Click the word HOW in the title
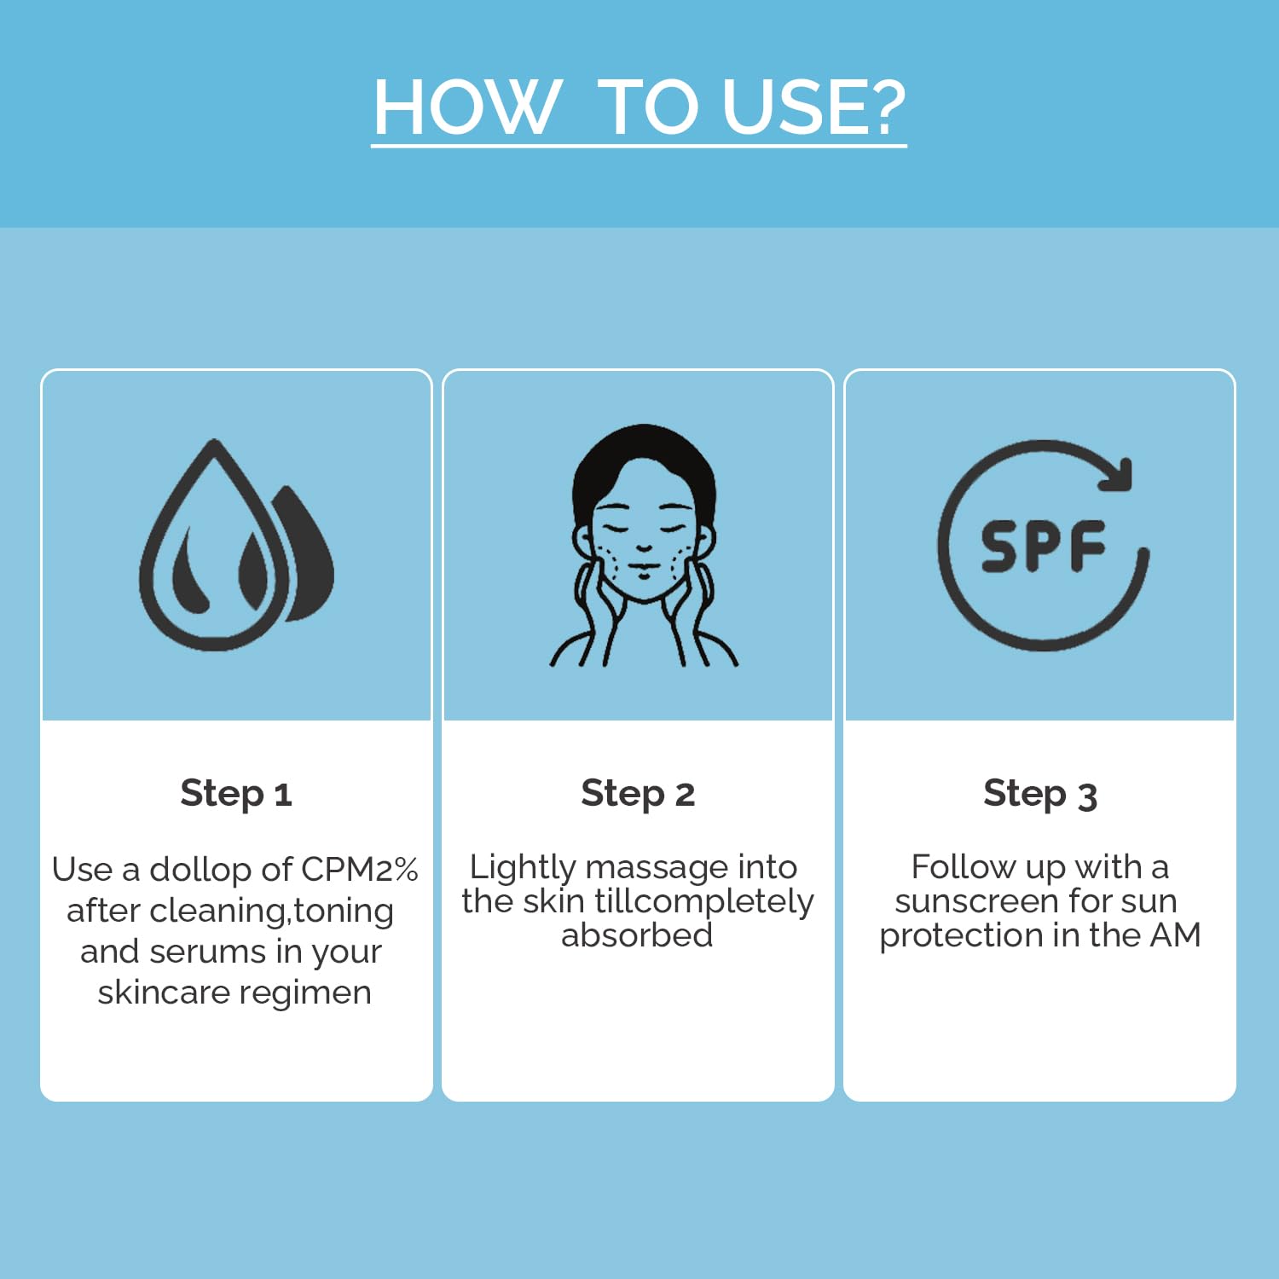pos(467,107)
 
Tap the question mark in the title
pos(877,107)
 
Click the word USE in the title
pos(784,107)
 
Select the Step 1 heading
pos(236,794)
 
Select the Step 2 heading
pos(638,794)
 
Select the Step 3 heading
pos(1040,794)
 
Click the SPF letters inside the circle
pos(1043,546)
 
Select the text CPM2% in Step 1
pos(360,870)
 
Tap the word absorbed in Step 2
pos(637,935)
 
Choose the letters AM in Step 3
pos(1176,935)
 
